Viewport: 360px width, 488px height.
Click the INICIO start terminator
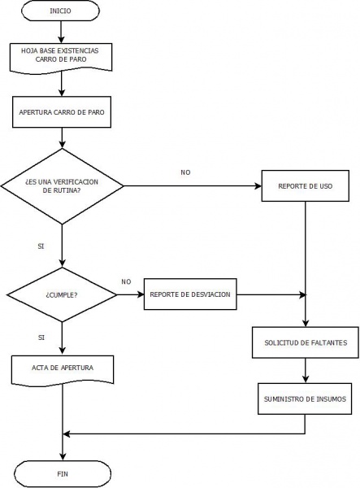click(60, 13)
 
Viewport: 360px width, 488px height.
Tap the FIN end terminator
click(62, 473)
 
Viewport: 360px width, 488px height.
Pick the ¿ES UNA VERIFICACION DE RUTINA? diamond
click(62, 186)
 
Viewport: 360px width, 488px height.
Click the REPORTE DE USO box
click(305, 186)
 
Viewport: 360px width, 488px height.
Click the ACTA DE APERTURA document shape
click(62, 368)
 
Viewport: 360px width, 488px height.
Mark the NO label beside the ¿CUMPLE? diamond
click(126, 281)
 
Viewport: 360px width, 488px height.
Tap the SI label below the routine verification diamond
click(41, 245)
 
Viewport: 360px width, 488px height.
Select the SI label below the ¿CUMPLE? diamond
click(41, 336)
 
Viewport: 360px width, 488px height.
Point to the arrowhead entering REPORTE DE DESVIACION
click(141, 295)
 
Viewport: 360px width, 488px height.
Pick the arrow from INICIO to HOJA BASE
click(62, 33)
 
